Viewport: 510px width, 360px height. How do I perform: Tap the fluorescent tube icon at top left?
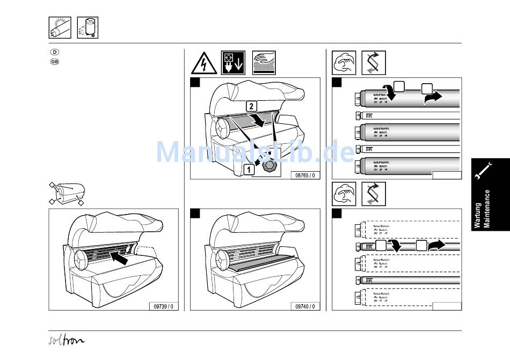(60, 27)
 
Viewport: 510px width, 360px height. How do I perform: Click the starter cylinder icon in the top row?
(88, 27)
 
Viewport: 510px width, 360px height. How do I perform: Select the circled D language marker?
(54, 52)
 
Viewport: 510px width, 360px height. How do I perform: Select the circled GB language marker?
(54, 61)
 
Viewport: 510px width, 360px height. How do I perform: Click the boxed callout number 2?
(251, 105)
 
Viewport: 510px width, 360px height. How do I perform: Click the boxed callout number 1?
(249, 170)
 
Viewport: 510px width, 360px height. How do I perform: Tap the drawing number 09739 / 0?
(164, 306)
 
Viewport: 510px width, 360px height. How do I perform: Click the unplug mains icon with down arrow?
(233, 63)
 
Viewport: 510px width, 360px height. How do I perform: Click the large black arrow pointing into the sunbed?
(122, 258)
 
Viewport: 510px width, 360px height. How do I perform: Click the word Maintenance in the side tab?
(487, 209)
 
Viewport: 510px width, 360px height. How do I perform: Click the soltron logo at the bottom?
(65, 340)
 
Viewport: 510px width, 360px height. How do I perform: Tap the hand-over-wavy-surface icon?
(263, 63)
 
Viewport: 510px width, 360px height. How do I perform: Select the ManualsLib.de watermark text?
(255, 151)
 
